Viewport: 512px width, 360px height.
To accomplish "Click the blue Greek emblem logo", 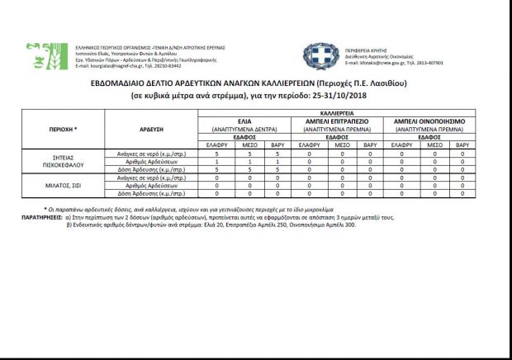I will click(318, 55).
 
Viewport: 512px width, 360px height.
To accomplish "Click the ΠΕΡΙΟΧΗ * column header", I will click(64, 129).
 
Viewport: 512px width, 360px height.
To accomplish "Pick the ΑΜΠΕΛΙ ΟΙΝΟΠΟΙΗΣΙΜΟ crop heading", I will click(429, 121).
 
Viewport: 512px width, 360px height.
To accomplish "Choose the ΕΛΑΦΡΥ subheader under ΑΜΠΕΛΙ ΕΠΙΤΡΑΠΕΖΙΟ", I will click(308, 144).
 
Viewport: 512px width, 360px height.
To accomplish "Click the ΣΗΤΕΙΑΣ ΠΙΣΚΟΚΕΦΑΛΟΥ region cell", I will click(64, 162).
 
